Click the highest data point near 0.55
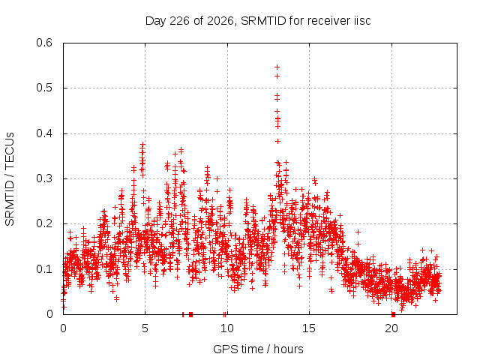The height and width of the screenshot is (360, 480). [277, 67]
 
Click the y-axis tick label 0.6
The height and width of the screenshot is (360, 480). [44, 43]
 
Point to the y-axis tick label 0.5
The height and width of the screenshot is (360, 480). [44, 88]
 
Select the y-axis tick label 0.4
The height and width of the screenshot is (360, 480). [44, 133]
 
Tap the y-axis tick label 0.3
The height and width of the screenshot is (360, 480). [44, 178]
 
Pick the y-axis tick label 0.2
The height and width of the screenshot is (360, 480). [44, 223]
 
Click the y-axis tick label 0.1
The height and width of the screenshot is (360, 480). [44, 269]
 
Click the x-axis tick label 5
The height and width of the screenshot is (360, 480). [145, 328]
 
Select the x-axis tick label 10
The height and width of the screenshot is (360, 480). [226, 328]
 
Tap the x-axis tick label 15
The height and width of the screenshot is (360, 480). [309, 328]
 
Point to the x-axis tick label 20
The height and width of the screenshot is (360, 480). [391, 328]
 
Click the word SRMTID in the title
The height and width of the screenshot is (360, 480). [263, 21]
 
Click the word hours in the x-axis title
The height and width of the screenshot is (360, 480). [288, 349]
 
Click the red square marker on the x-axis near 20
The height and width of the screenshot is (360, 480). [393, 314]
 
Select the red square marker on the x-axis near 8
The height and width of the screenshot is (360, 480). [190, 314]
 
